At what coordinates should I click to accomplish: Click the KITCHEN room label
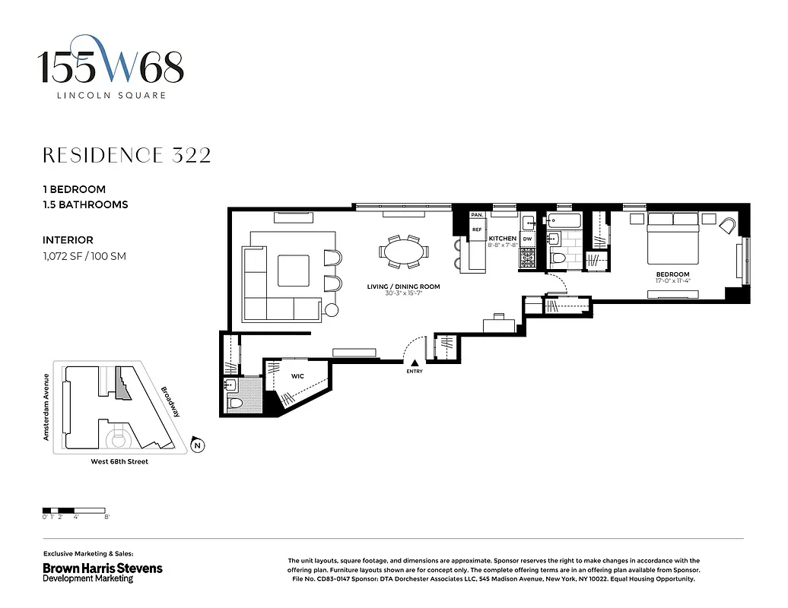coord(503,239)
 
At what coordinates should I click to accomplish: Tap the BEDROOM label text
coord(673,274)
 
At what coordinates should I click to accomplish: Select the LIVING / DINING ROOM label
coord(403,287)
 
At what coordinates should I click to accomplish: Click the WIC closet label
coord(298,375)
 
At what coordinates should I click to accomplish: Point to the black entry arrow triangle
coord(414,363)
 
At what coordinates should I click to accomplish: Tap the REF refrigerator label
coord(477,229)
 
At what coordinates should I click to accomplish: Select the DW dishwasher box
coord(527,239)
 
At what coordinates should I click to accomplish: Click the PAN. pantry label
coord(477,216)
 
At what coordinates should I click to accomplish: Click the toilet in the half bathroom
coord(235,403)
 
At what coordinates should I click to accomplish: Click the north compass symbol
coord(198,446)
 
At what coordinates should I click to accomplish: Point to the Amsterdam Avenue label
coord(46,407)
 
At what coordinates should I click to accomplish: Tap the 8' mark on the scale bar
coord(107,517)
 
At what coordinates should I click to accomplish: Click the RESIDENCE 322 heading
coord(126,156)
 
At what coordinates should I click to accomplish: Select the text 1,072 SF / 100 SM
coord(84,256)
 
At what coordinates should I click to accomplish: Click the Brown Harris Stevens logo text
coord(102,568)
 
